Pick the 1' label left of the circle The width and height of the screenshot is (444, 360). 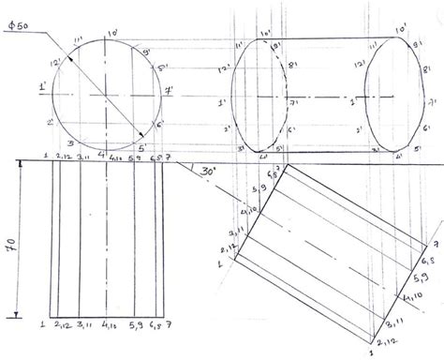click(x=42, y=89)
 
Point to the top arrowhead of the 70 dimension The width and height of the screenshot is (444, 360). click(x=20, y=164)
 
